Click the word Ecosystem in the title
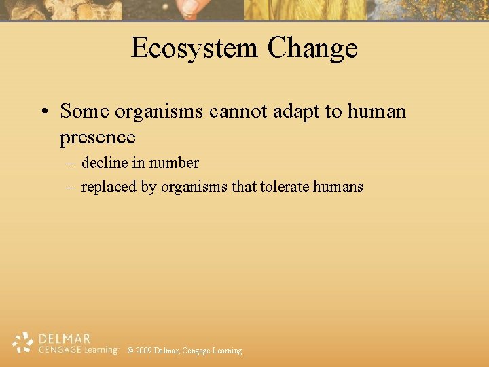(x=194, y=48)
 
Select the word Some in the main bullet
(x=84, y=110)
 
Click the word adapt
(x=298, y=111)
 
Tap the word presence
(x=97, y=137)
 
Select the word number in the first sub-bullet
(x=174, y=163)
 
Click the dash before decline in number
(x=70, y=164)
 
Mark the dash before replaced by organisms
(x=70, y=187)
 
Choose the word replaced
(x=109, y=187)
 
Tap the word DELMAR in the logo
(x=65, y=338)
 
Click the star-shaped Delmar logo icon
(x=23, y=343)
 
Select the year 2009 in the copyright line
(x=143, y=351)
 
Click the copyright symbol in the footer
(x=130, y=351)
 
